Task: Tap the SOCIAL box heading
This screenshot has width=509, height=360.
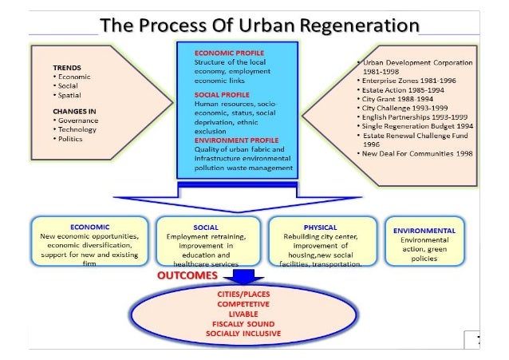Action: pyautogui.click(x=206, y=227)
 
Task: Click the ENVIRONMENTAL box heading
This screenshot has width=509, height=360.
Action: pyautogui.click(x=424, y=230)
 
